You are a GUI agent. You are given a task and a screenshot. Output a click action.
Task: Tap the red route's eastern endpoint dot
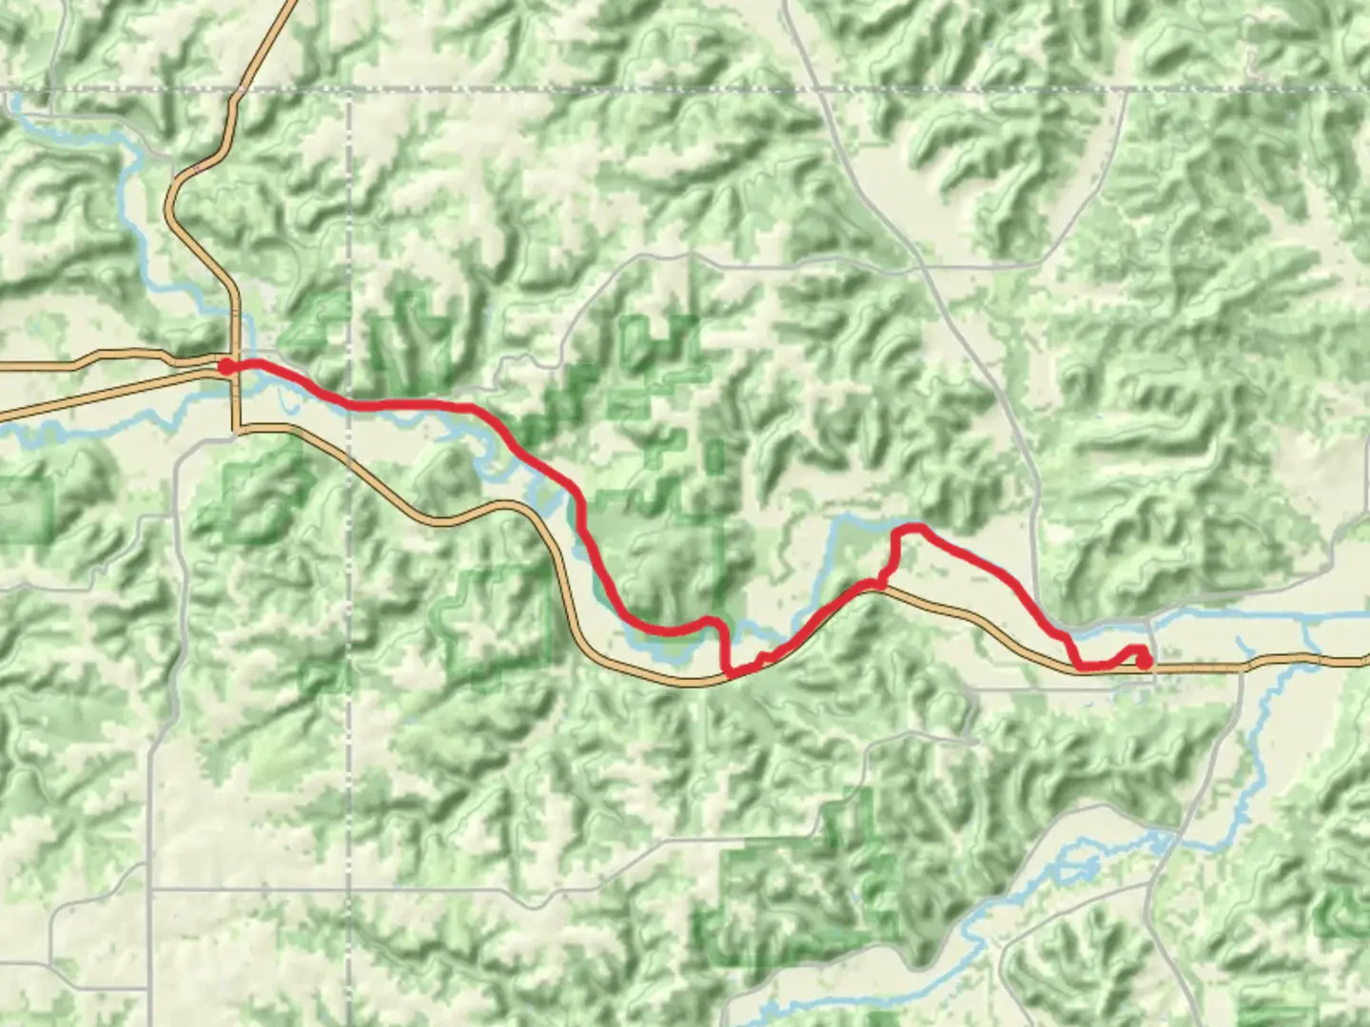pyautogui.click(x=1145, y=661)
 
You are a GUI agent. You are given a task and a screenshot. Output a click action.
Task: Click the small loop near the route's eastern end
pyautogui.click(x=1136, y=654)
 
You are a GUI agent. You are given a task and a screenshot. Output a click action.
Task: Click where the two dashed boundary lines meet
pyautogui.click(x=349, y=89)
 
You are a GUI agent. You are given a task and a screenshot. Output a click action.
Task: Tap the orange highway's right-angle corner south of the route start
pyautogui.click(x=236, y=430)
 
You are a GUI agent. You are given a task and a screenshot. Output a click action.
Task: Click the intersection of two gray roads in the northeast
pyautogui.click(x=921, y=267)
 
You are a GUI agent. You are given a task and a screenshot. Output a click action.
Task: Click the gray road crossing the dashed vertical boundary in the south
pyautogui.click(x=349, y=890)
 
